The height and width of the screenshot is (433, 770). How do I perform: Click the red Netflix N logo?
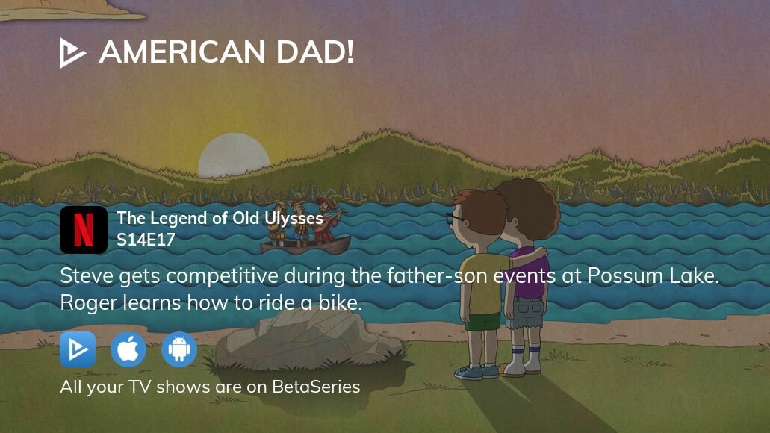pyautogui.click(x=84, y=230)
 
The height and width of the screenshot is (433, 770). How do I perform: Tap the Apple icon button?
pyautogui.click(x=128, y=349)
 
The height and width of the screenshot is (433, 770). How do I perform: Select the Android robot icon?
pyautogui.click(x=179, y=349)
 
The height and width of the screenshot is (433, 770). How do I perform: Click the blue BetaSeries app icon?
pyautogui.click(x=78, y=349)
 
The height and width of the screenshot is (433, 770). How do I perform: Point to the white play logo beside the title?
pyautogui.click(x=72, y=52)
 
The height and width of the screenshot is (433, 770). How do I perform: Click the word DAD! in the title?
pyautogui.click(x=314, y=52)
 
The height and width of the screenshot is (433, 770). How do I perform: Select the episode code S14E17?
pyautogui.click(x=146, y=240)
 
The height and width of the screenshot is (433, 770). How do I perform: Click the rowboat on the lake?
pyautogui.click(x=305, y=244)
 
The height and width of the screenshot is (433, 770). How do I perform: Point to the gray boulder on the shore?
pyautogui.click(x=309, y=340)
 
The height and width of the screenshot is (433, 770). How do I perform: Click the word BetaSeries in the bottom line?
pyautogui.click(x=316, y=387)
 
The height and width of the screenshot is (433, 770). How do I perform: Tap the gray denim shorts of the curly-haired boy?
pyautogui.click(x=527, y=313)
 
